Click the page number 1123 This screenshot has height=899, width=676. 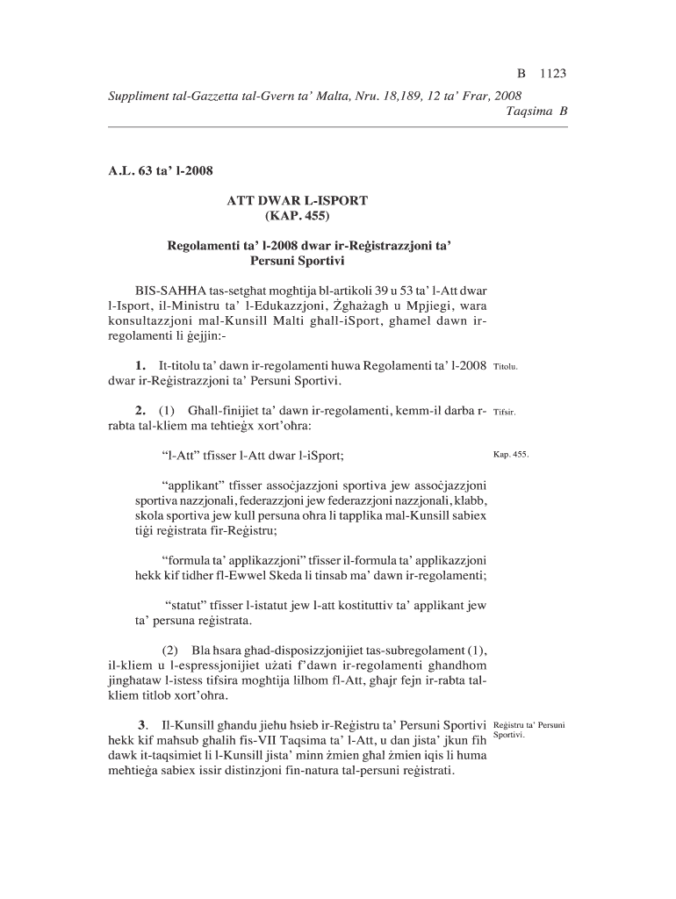553,75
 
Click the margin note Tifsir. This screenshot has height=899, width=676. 505,411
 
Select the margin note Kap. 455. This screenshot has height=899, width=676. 511,456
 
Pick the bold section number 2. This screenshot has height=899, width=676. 140,410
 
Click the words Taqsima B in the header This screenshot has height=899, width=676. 537,111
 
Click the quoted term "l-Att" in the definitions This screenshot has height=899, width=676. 180,456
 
